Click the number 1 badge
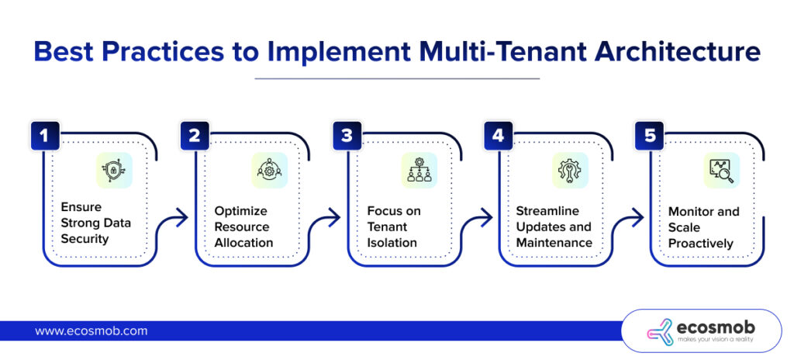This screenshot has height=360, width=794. pos(44,135)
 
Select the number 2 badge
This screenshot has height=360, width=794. pos(195,135)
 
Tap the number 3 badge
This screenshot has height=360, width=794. pos(347,135)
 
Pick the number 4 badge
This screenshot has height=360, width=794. pos(498,135)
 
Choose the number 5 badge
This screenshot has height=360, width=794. pos(649,135)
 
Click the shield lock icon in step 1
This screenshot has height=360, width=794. pos(114,171)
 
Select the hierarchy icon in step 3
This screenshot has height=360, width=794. pos(419,171)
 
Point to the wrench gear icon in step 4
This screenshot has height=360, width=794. pos(570,171)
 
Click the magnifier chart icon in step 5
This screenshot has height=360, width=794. pos(721,171)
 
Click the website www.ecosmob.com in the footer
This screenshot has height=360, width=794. pos(91,331)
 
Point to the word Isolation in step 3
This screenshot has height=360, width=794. pos(392,243)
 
